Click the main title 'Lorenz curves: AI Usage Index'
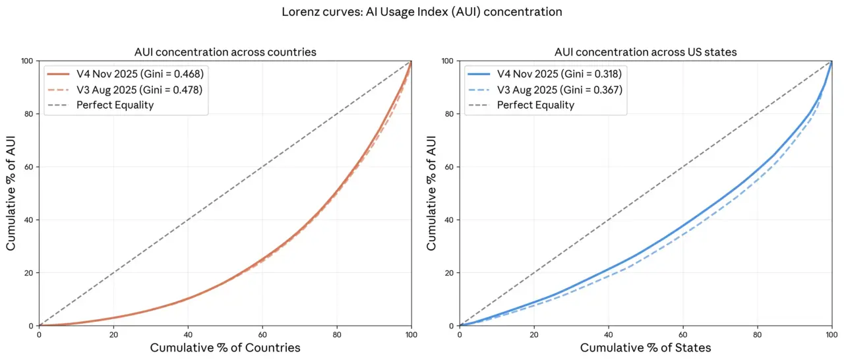click(422, 11)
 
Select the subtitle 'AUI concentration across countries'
click(226, 52)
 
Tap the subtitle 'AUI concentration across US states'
click(646, 52)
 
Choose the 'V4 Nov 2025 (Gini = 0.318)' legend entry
click(558, 73)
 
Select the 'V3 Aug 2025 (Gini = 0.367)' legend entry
click(558, 89)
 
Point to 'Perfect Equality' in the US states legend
click(535, 105)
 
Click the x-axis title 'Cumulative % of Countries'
click(226, 347)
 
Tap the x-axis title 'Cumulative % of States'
click(646, 347)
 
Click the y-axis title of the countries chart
click(11, 193)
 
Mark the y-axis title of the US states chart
click(431, 193)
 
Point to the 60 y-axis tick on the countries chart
click(29, 167)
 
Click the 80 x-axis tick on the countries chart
click(337, 334)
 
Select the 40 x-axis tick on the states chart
click(609, 334)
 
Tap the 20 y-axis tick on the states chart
click(449, 273)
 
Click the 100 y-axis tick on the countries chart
click(27, 61)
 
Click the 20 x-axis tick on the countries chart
click(113, 334)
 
